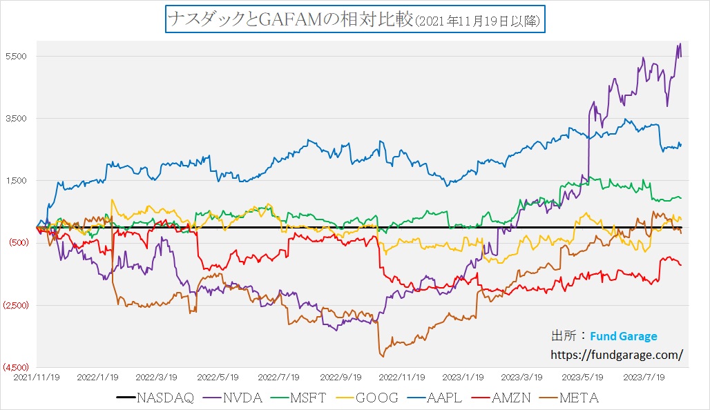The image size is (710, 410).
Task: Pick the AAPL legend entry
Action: point(444,398)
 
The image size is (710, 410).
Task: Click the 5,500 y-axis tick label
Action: point(17,56)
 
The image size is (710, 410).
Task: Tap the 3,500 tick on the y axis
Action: point(17,118)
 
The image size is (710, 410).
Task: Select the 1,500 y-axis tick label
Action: point(17,180)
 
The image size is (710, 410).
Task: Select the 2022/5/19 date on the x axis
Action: point(218,378)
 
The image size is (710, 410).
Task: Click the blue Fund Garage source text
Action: point(624,336)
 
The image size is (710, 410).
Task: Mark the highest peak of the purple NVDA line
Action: point(680,44)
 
